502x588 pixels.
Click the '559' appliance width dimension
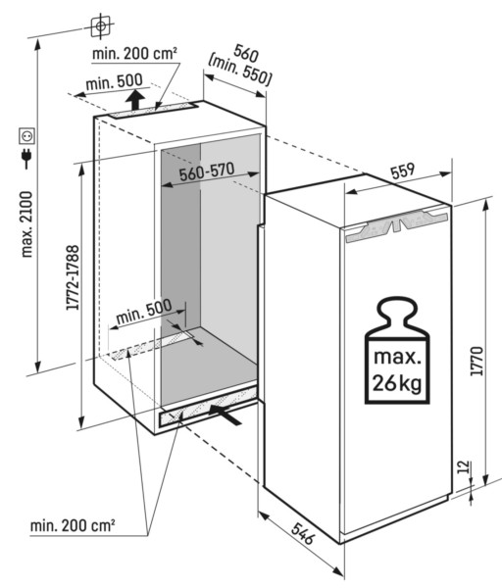(x=399, y=169)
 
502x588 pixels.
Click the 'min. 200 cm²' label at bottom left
(x=71, y=527)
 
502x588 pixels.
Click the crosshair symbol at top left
(x=98, y=23)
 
